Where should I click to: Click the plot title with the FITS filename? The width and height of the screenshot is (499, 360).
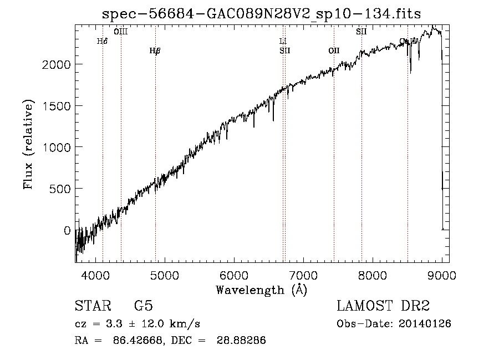pyautogui.click(x=262, y=14)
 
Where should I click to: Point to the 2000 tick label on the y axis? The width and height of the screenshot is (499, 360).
pyautogui.click(x=57, y=64)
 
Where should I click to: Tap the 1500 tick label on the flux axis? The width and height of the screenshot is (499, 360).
pyautogui.click(x=57, y=106)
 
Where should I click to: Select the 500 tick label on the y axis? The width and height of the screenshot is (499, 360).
pyautogui.click(x=60, y=189)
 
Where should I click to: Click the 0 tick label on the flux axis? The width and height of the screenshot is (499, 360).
pyautogui.click(x=67, y=230)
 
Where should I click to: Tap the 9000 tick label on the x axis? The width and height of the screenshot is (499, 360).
pyautogui.click(x=441, y=274)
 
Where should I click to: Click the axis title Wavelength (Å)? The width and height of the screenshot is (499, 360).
pyautogui.click(x=261, y=290)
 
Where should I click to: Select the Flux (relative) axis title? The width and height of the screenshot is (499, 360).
pyautogui.click(x=28, y=144)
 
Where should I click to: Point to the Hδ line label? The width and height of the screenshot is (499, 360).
pyautogui.click(x=102, y=41)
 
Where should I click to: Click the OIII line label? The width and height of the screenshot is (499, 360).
pyautogui.click(x=121, y=32)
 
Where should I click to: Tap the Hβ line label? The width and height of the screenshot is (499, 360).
pyautogui.click(x=155, y=51)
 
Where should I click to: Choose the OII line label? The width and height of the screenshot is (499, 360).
pyautogui.click(x=334, y=51)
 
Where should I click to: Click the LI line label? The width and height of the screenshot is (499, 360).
pyautogui.click(x=283, y=41)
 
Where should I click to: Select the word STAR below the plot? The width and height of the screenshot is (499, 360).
pyautogui.click(x=93, y=306)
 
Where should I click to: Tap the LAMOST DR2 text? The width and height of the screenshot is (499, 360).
pyautogui.click(x=383, y=306)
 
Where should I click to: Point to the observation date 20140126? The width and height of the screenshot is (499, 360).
pyautogui.click(x=424, y=324)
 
